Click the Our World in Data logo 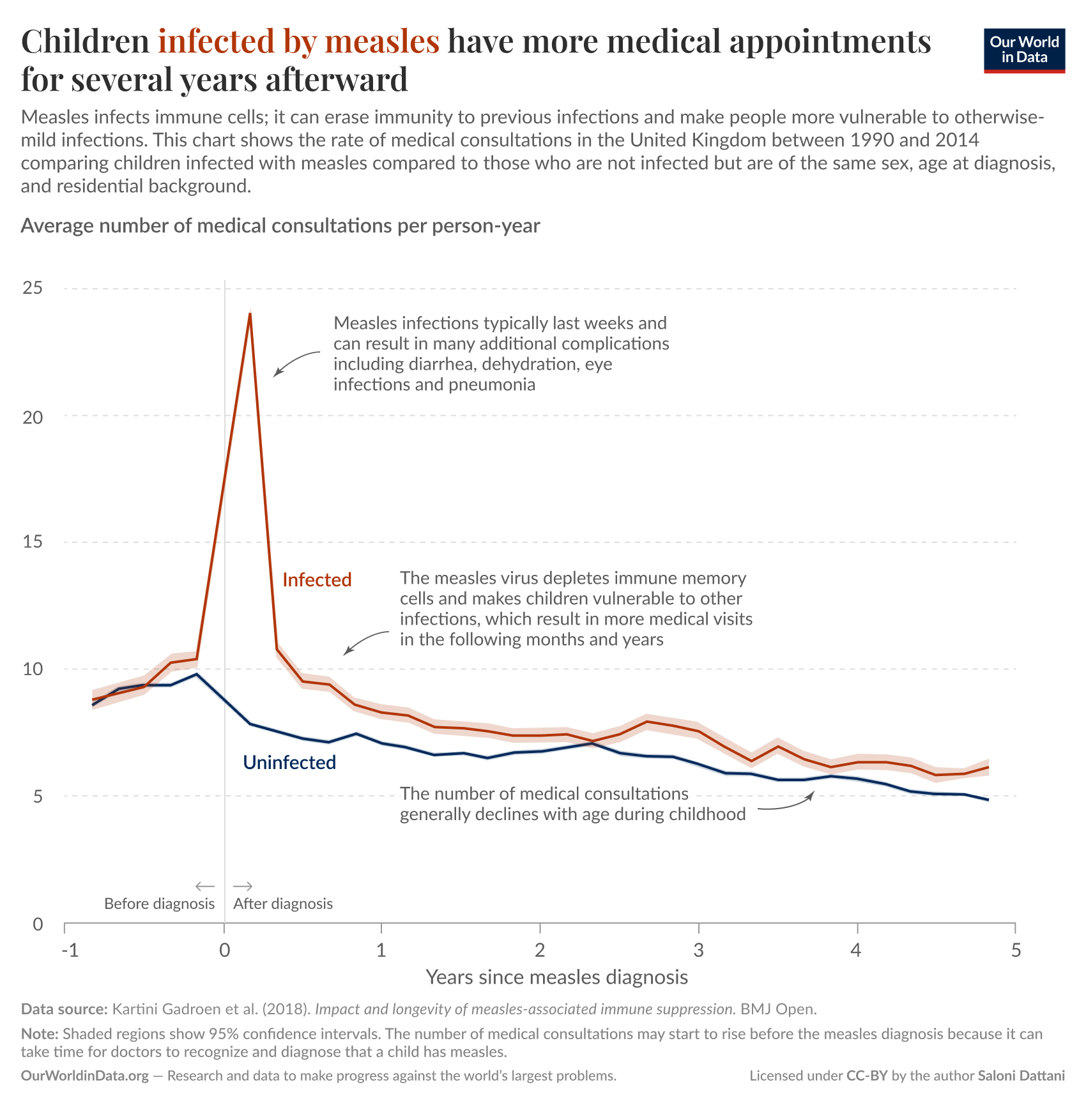(x=1024, y=50)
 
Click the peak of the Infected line (x=250, y=313)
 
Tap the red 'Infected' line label (x=317, y=580)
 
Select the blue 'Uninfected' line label (x=289, y=763)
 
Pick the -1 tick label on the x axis (x=70, y=950)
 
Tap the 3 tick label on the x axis (x=698, y=950)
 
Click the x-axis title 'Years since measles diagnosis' (x=556, y=977)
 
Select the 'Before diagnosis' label (x=159, y=904)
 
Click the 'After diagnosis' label (x=283, y=904)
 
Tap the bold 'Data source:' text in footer (x=64, y=1009)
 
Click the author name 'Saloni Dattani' (x=1021, y=1076)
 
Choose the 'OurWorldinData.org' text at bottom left (x=84, y=1076)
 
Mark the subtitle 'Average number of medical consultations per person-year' (x=280, y=225)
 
